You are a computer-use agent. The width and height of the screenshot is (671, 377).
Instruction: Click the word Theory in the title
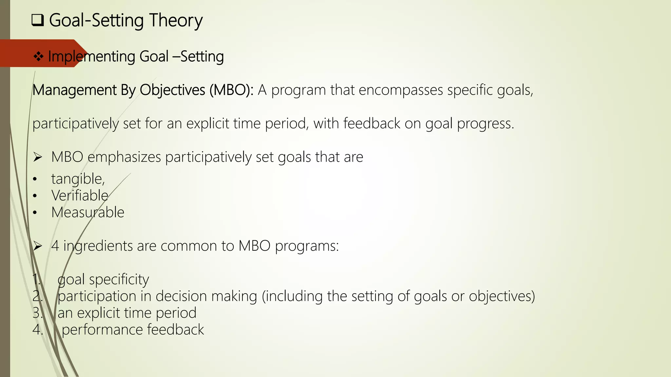(x=176, y=20)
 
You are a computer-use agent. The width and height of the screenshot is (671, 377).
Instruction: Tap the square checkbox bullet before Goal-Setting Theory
(x=38, y=21)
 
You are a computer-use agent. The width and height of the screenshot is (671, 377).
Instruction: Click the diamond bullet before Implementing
(x=38, y=57)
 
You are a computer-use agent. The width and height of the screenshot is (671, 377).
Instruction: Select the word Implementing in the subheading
(x=92, y=57)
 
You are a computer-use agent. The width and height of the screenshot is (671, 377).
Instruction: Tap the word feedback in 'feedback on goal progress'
(x=372, y=124)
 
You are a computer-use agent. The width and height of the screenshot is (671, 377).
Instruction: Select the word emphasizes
(x=124, y=157)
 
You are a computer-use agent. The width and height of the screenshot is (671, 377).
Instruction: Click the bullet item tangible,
(x=78, y=179)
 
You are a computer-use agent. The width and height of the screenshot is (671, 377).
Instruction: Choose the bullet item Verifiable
(x=80, y=196)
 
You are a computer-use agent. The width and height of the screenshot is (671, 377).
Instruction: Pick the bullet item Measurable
(x=88, y=212)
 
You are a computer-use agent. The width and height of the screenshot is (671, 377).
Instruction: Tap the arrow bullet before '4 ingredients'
(x=38, y=246)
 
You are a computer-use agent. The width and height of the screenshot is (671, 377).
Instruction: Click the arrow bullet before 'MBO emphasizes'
(x=38, y=157)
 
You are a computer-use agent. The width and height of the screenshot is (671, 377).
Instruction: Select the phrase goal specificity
(x=103, y=279)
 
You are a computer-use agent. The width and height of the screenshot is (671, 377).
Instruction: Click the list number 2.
(x=37, y=296)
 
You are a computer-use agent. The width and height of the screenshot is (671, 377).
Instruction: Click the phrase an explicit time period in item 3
(x=127, y=313)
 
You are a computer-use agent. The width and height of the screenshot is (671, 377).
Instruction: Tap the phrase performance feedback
(x=133, y=330)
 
